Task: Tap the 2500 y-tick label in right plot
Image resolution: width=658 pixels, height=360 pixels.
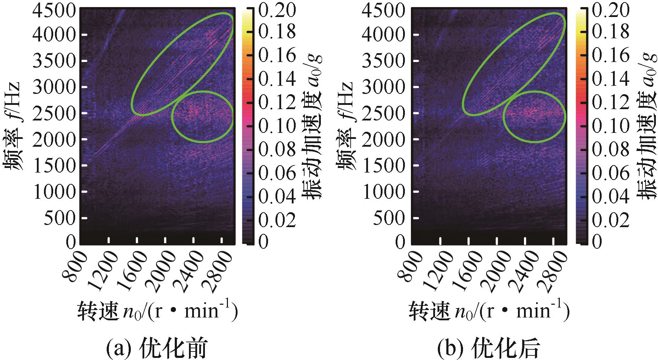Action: point(384,113)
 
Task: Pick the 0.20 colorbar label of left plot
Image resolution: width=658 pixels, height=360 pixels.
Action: point(277,11)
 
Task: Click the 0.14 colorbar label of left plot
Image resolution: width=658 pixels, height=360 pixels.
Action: point(277,79)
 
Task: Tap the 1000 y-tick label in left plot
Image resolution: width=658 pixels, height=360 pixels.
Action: point(54,191)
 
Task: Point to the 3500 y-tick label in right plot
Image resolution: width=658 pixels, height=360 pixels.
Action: point(384,61)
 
